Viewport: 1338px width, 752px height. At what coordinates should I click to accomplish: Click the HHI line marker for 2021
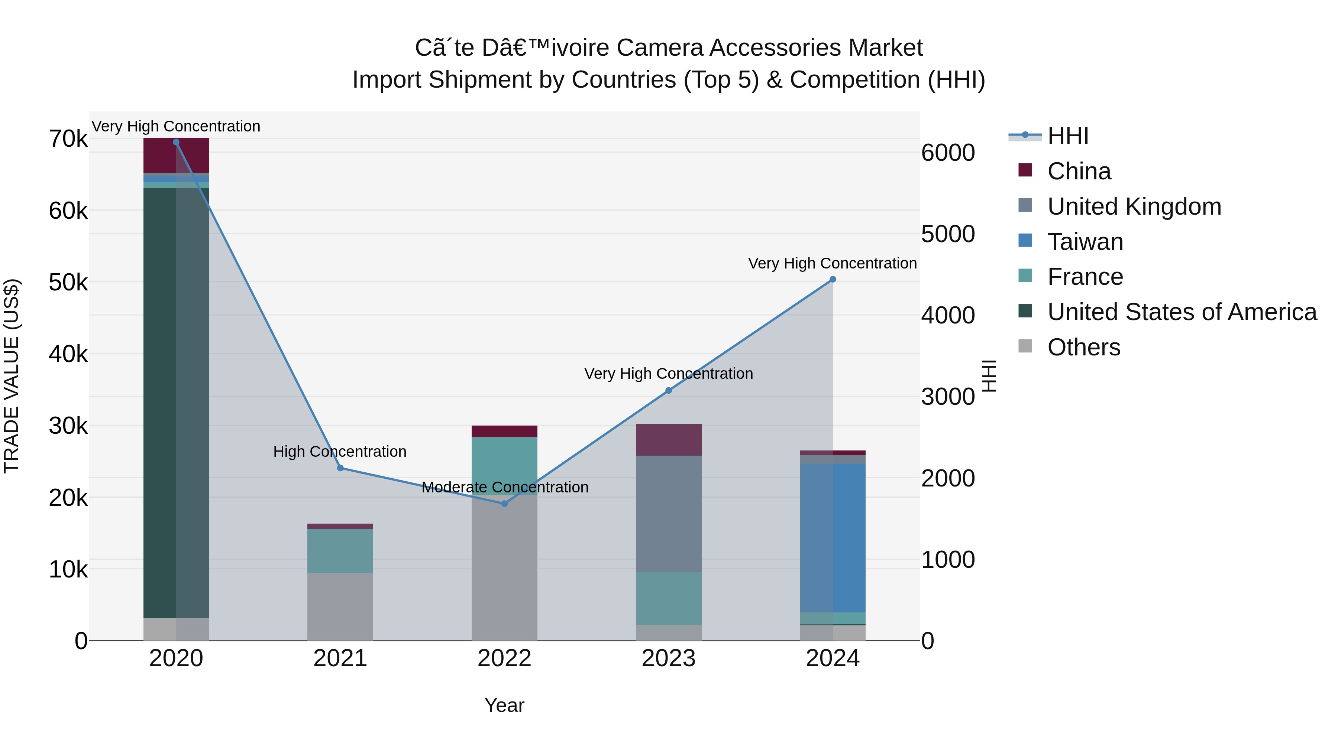[x=340, y=468]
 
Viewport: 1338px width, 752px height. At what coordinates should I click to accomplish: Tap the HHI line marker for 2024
[x=833, y=279]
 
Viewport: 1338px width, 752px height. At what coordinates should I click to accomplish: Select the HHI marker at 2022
[x=504, y=504]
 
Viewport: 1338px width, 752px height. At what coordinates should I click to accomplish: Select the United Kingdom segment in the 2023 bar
[x=669, y=514]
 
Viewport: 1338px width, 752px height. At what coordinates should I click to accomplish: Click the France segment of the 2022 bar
[x=504, y=466]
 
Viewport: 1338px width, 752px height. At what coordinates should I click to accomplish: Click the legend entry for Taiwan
[x=1085, y=242]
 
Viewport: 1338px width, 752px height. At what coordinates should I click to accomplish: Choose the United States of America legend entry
[x=1182, y=312]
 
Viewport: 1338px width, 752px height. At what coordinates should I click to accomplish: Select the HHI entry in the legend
[x=1067, y=136]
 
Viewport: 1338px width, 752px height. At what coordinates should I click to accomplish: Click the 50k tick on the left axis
[x=68, y=283]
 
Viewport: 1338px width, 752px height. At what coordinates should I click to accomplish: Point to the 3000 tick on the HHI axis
[x=948, y=397]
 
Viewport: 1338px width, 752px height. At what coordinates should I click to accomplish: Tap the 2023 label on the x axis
[x=669, y=658]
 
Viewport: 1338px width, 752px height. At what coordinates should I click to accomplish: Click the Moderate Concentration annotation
[x=505, y=487]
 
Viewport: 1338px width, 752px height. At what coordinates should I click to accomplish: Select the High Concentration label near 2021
[x=340, y=452]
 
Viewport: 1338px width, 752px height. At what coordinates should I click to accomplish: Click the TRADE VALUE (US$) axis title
[x=12, y=376]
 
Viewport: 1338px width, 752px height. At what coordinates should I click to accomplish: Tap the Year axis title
[x=504, y=705]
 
